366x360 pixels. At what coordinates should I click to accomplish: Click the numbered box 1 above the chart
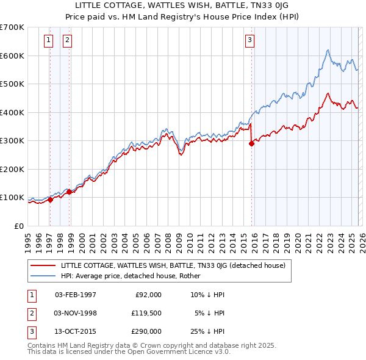pos(48,41)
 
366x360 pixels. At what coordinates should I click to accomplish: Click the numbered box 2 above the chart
pos(67,41)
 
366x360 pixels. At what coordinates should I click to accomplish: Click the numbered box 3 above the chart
pos(249,41)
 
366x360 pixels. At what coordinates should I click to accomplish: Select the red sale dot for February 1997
pos(50,200)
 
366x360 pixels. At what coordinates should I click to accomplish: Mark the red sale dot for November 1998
pos(69,192)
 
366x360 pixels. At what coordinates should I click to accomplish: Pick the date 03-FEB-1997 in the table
pos(75,294)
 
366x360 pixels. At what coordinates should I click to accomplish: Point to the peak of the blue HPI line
pos(328,50)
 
